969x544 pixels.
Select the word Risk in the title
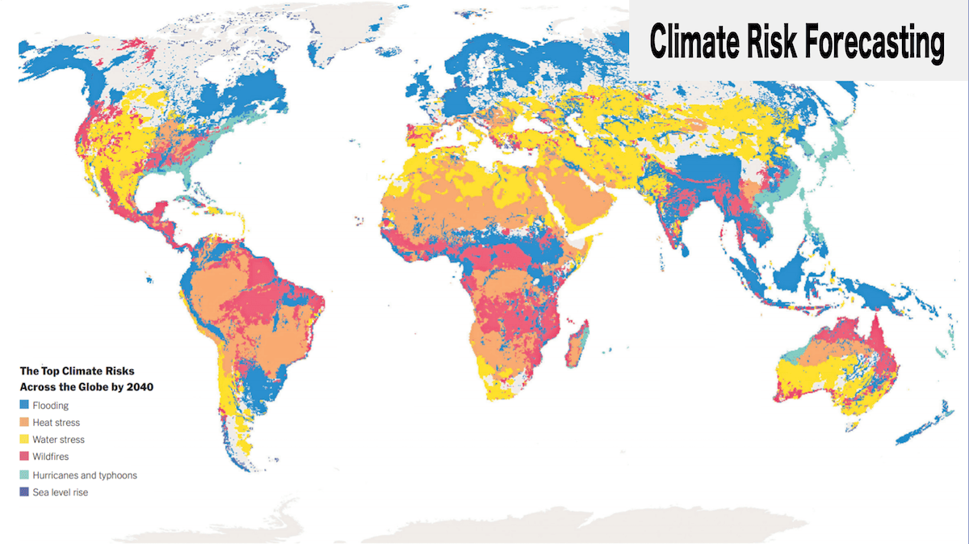pos(772,41)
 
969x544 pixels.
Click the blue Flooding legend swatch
pos(24,406)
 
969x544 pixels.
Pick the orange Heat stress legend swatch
pos(24,423)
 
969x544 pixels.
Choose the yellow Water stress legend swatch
pos(24,440)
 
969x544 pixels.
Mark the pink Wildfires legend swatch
pos(24,457)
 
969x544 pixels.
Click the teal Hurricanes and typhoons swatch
pos(24,475)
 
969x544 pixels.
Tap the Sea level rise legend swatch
pos(24,492)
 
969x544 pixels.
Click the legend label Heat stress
pos(57,423)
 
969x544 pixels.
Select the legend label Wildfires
pos(52,457)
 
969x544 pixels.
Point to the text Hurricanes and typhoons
pos(85,475)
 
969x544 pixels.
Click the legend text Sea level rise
pos(61,492)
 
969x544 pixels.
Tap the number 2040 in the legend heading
pos(141,386)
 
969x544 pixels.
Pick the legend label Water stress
pos(58,440)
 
